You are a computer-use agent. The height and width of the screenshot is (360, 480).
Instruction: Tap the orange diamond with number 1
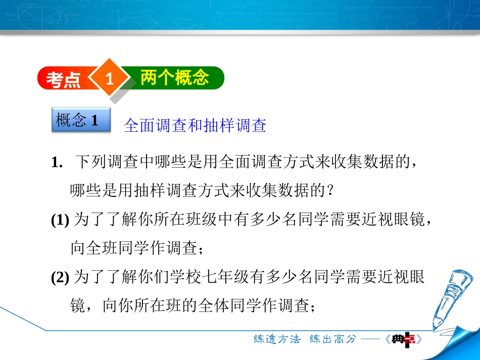(109, 78)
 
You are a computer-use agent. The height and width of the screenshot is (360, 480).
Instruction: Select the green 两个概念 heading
(174, 78)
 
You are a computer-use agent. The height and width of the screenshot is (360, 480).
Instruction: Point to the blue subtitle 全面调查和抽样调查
(195, 126)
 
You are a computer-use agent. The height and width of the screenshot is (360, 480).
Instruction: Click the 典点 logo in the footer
(407, 339)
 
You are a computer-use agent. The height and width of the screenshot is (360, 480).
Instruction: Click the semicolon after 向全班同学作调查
(202, 249)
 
